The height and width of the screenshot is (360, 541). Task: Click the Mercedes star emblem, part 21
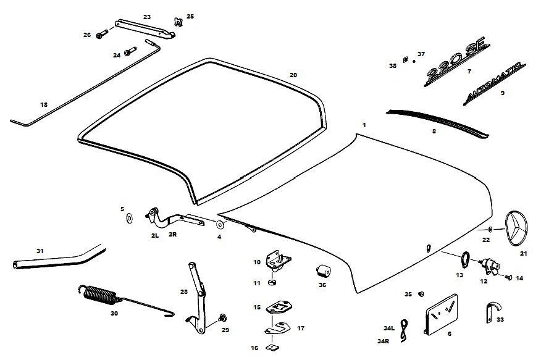[x=516, y=228]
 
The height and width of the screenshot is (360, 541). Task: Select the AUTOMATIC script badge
[x=494, y=83]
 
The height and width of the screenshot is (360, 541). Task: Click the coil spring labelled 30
[x=100, y=296]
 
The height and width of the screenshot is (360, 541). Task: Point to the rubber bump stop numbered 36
[x=323, y=271]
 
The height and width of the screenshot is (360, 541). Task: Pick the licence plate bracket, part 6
[x=442, y=314]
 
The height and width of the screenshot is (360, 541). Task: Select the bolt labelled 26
[x=102, y=34]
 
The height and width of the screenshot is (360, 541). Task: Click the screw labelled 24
[x=130, y=51]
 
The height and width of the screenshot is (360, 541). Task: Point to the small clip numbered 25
[x=178, y=22]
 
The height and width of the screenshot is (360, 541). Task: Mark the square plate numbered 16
[x=272, y=348]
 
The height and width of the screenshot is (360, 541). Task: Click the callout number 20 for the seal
[x=293, y=75]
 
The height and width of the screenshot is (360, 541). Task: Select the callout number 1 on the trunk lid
[x=364, y=125]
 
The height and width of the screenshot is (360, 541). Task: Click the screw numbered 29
[x=222, y=317]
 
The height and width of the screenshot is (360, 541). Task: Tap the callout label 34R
[x=383, y=341]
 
